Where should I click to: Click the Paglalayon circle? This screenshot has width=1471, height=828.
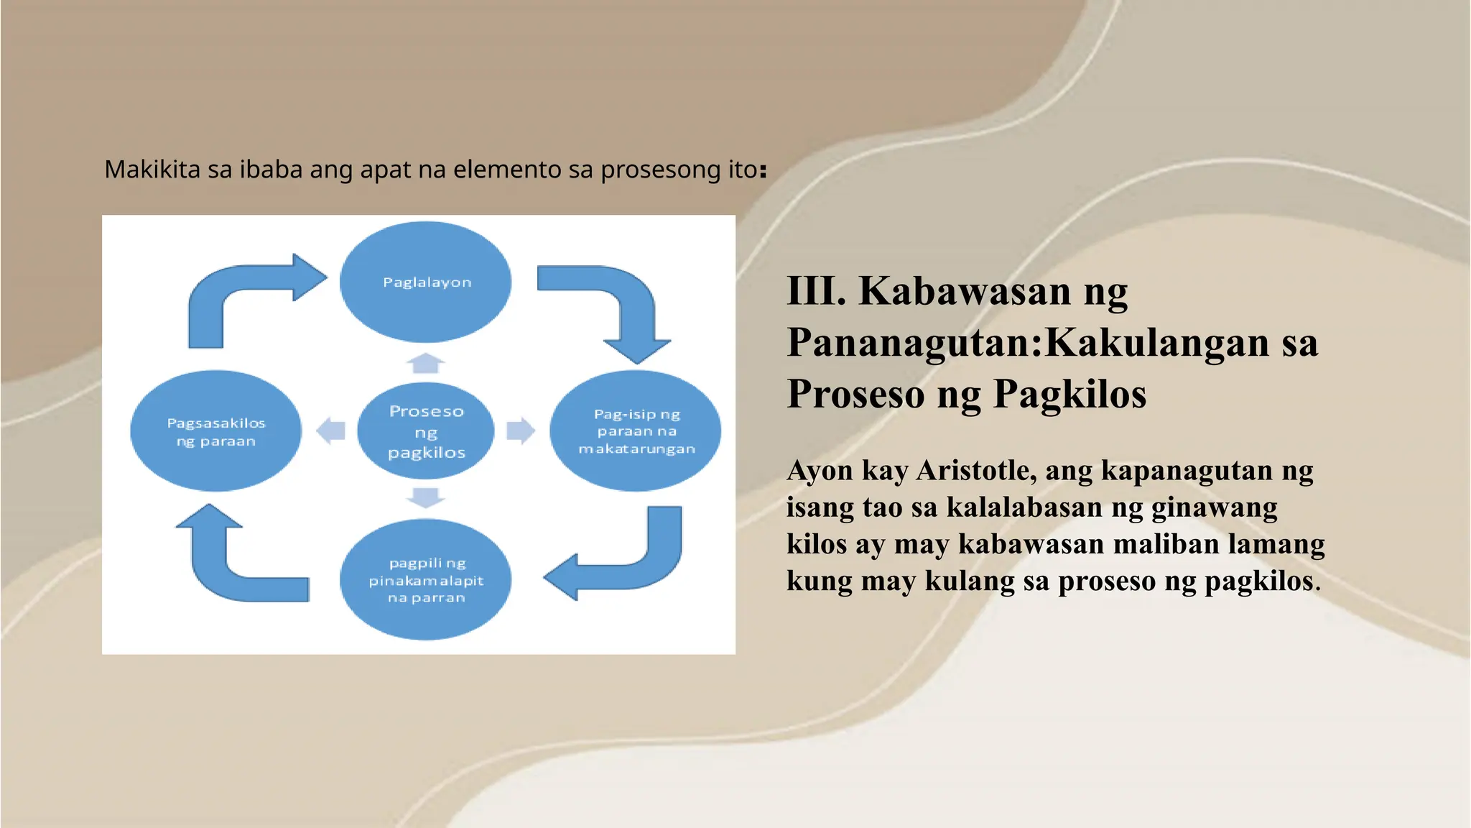tap(426, 282)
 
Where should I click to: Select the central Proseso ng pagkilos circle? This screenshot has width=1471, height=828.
tap(426, 431)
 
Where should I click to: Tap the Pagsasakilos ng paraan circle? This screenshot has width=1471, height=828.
tap(215, 431)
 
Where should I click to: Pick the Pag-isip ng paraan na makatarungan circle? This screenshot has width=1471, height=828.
tap(636, 431)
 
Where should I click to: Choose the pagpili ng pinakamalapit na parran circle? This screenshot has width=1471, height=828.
tap(426, 579)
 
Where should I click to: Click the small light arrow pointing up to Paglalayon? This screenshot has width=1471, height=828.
tap(426, 364)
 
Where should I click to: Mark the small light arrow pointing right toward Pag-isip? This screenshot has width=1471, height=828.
tap(521, 431)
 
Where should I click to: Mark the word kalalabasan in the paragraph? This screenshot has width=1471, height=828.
tap(1024, 507)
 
